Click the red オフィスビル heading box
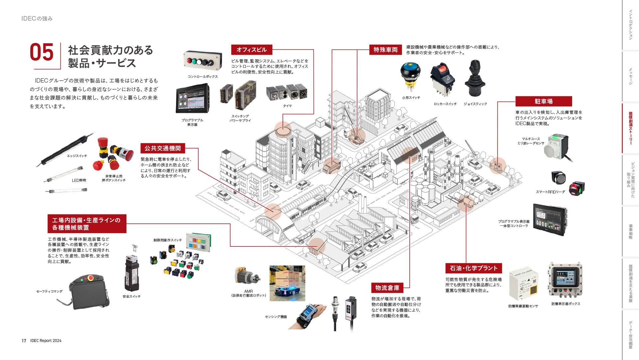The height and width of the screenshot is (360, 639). [x=252, y=50]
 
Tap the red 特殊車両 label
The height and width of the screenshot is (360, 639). [x=385, y=50]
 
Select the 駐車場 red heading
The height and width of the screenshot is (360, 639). [x=543, y=101]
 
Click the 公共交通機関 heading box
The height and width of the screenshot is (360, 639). [x=162, y=148]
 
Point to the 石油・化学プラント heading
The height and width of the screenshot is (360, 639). [x=474, y=268]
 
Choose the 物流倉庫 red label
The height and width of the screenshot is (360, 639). [x=387, y=288]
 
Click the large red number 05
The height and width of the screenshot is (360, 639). [x=42, y=53]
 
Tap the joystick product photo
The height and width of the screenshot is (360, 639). [x=475, y=79]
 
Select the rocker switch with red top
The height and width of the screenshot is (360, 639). [x=443, y=80]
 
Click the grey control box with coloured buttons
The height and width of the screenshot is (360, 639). [x=202, y=61]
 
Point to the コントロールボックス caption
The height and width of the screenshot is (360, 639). [x=203, y=77]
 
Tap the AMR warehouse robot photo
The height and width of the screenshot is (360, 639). [x=287, y=283]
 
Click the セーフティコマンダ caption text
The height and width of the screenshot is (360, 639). [x=49, y=291]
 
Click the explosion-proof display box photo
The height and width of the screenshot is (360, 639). [x=565, y=280]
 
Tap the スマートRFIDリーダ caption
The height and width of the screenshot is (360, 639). [x=550, y=192]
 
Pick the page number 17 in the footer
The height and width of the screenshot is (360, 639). [x=24, y=341]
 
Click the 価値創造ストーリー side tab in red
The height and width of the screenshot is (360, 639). [x=630, y=128]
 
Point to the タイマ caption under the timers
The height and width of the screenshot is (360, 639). [x=287, y=106]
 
